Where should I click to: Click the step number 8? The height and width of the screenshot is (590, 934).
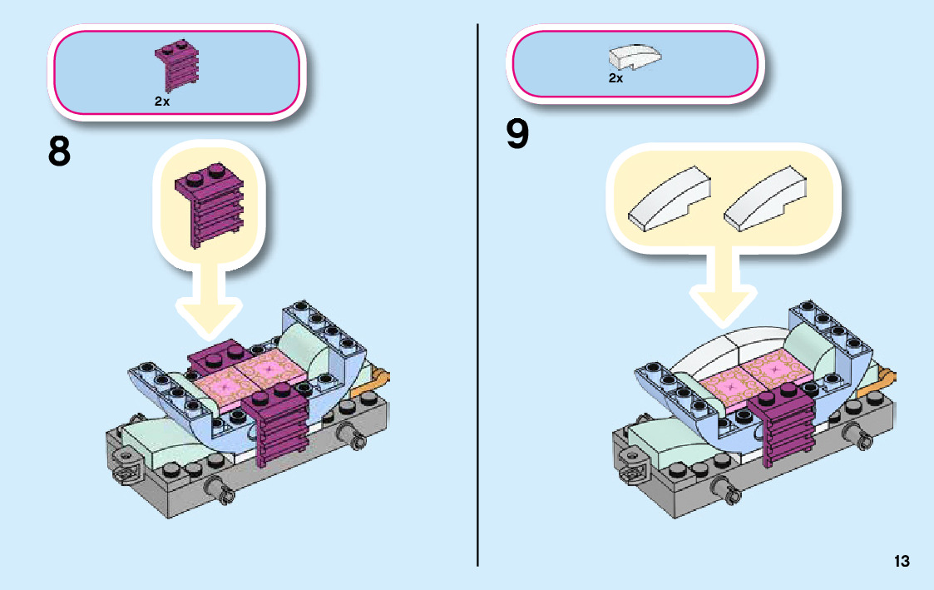tap(59, 152)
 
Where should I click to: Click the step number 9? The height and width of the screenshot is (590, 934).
tap(517, 135)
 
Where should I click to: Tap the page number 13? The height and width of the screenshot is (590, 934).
tap(902, 561)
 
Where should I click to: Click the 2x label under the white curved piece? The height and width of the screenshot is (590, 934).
tap(615, 78)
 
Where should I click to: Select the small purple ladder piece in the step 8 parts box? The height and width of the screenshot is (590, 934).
tap(177, 64)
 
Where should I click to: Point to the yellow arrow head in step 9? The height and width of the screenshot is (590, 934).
tap(721, 304)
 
